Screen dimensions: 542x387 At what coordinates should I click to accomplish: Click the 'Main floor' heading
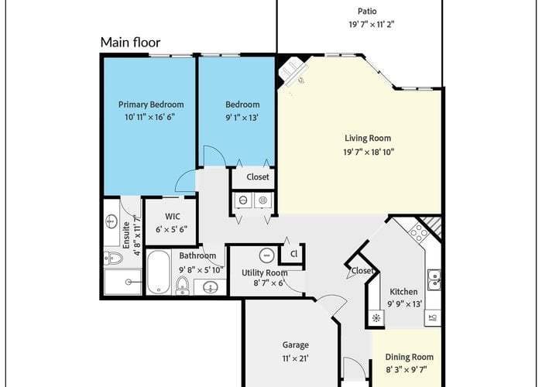[x=130, y=43]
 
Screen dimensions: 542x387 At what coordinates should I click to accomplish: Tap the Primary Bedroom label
[x=151, y=104]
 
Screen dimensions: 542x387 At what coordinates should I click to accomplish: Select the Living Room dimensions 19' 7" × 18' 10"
[x=369, y=152]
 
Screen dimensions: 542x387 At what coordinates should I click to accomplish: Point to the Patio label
[x=367, y=12]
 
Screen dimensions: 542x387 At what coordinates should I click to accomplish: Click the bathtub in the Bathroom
[x=158, y=272]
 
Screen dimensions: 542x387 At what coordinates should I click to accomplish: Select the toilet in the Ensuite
[x=113, y=258]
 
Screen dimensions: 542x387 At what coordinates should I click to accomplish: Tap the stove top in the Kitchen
[x=419, y=232]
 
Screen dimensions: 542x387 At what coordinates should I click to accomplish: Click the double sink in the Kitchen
[x=434, y=280]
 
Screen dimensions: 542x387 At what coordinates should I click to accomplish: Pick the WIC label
[x=173, y=216]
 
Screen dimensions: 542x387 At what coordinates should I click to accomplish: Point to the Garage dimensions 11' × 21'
[x=296, y=358]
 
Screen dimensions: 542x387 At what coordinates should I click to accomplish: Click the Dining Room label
[x=410, y=357]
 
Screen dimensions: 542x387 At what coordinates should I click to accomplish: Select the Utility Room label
[x=265, y=273]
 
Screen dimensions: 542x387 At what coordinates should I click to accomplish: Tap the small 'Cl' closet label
[x=293, y=254]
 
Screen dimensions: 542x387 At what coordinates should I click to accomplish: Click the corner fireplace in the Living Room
[x=293, y=72]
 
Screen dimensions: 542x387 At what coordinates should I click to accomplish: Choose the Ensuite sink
[x=111, y=222]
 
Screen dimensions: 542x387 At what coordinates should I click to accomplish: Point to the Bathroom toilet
[x=182, y=286]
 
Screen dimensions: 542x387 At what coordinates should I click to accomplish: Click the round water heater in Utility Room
[x=266, y=255]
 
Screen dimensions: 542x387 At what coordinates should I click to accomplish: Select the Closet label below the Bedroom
[x=258, y=177]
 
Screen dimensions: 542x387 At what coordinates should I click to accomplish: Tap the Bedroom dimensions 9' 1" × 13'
[x=242, y=118]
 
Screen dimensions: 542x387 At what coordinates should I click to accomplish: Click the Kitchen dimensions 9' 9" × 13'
[x=405, y=304]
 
